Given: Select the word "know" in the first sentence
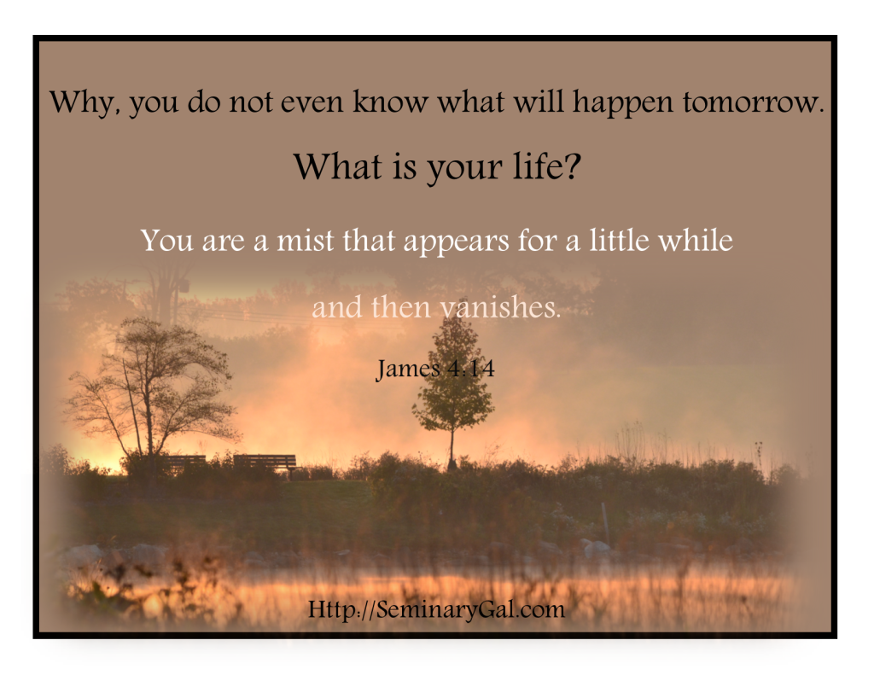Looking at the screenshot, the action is pos(391,102).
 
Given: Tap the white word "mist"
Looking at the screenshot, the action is pos(306,241).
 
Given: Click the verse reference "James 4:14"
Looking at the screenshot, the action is pos(435,369).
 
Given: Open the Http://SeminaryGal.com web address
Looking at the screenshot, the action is pos(436,608).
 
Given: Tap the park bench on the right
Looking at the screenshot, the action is pos(265,463).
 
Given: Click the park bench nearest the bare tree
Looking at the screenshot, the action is pos(184,462).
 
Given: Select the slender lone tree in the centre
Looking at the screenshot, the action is pos(452,390).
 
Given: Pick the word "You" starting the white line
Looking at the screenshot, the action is pos(166,241).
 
